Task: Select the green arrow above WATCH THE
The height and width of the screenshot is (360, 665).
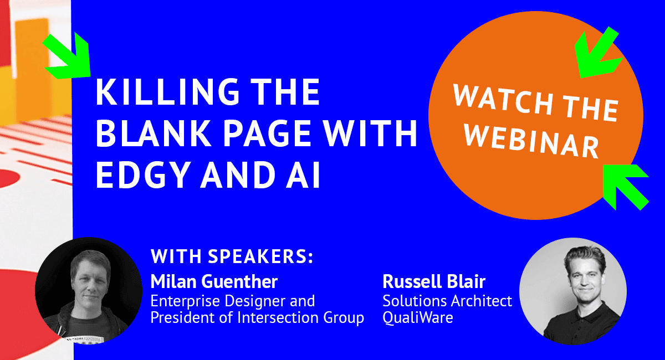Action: click(597, 53)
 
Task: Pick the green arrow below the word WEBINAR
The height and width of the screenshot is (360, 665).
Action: click(626, 187)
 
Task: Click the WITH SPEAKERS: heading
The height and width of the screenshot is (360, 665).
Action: click(232, 256)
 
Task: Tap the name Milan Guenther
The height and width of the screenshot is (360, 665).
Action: click(214, 281)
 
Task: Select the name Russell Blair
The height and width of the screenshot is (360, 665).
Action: click(434, 281)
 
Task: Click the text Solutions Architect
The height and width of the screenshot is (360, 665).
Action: click(447, 301)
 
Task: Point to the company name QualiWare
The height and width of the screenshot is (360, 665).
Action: click(418, 317)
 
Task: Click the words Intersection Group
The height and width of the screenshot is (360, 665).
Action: click(301, 317)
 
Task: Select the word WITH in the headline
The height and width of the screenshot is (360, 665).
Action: click(370, 133)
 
